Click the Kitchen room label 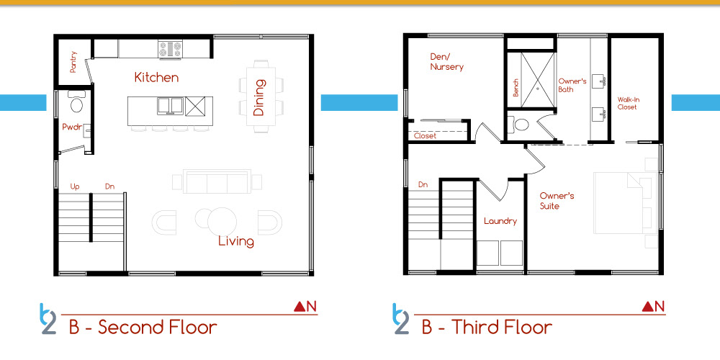coord(156,77)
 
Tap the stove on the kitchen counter coord(171,50)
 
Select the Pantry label coord(73,62)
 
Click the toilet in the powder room coord(76,102)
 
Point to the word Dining coord(259,97)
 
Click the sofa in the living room coord(217,181)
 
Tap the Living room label coord(236,241)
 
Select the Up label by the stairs coord(76,187)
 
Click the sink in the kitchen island coord(171,106)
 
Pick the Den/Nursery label coord(446,62)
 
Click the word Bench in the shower coord(516,88)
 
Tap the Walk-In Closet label coord(627,103)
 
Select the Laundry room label coord(500,221)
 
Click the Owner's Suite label coord(557,201)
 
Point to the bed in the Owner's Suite coord(623,203)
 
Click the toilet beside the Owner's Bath coord(521,125)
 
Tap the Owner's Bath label coord(572,86)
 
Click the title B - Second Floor coord(143,328)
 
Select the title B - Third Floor coord(487,328)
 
